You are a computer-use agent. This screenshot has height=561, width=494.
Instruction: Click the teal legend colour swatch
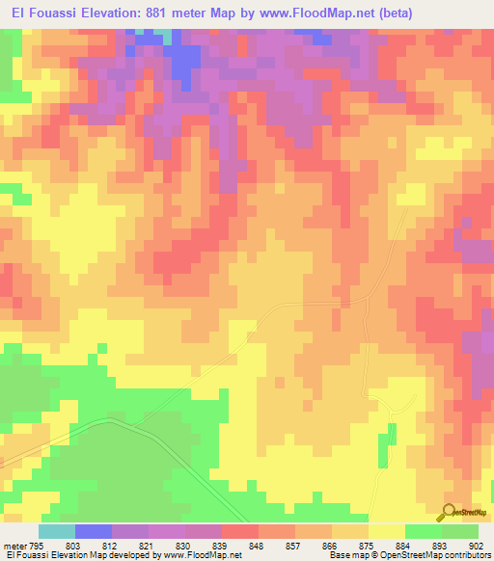pyautogui.click(x=57, y=531)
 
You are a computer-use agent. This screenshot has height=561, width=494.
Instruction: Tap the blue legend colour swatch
pyautogui.click(x=94, y=531)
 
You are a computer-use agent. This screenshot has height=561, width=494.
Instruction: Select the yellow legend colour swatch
pyautogui.click(x=387, y=531)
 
